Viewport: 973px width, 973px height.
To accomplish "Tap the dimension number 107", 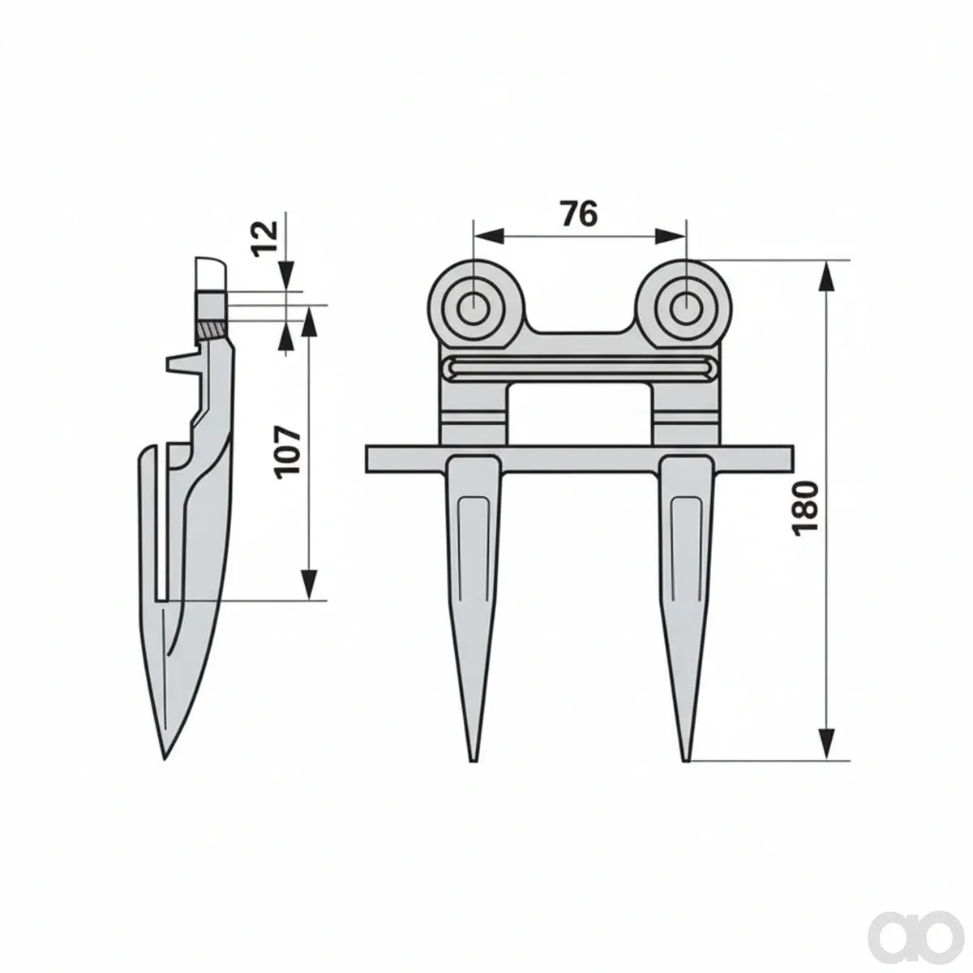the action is [288, 452].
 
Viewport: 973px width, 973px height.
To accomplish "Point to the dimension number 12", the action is [266, 239].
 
